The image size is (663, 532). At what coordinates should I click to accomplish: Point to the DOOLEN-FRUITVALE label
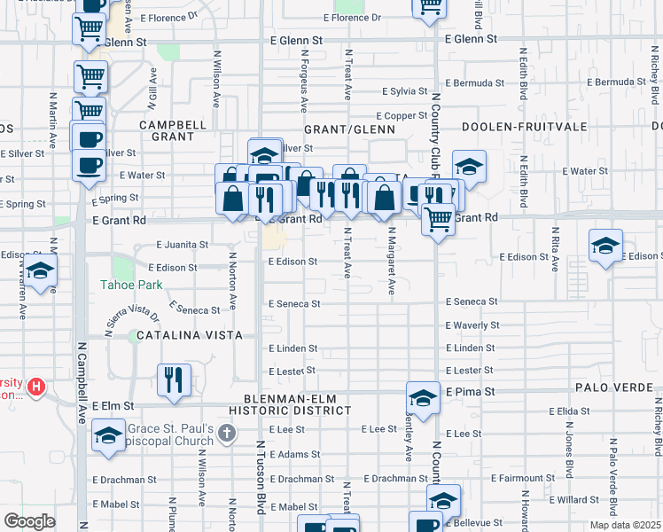coord(513,128)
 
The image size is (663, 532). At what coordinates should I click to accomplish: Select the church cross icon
coord(227,434)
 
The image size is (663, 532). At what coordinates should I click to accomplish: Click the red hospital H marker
coord(36,387)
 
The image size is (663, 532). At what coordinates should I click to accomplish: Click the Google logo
coord(30,520)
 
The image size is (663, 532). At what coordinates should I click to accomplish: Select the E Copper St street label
coord(402,115)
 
